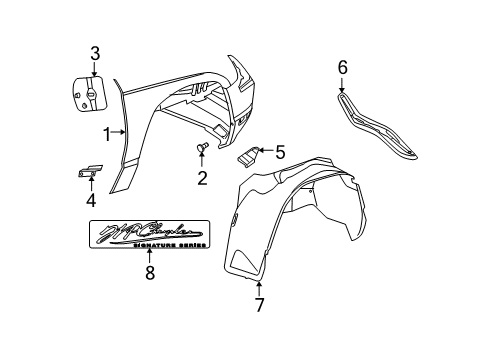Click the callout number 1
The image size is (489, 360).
106,133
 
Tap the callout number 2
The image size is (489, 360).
201,178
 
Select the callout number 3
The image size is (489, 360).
94,53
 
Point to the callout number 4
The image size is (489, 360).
89,199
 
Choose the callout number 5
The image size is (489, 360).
279,153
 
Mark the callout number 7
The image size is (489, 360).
260,305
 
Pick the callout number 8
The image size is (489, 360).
150,271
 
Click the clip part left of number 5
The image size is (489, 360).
249,155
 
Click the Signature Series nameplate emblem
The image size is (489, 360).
149,236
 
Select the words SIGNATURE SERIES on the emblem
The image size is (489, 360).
169,246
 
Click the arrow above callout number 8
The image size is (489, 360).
150,256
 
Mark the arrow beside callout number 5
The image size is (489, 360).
265,153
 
